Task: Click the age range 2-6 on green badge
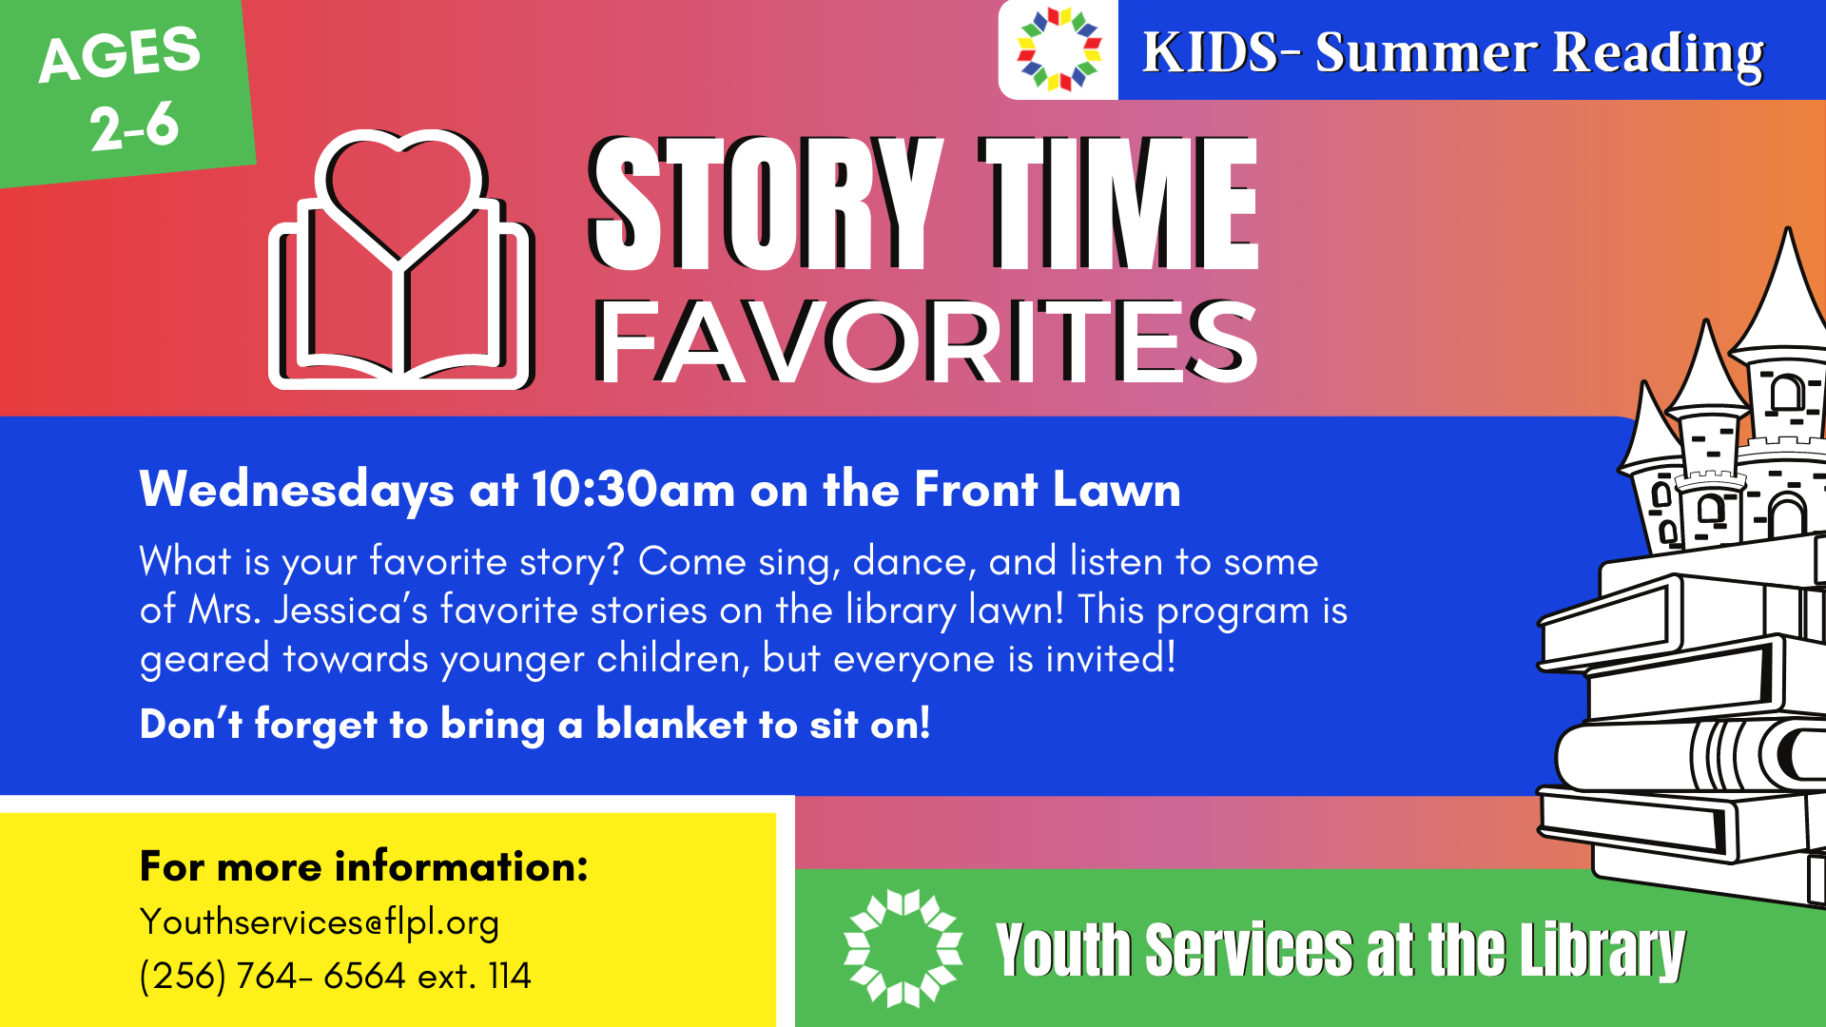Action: [135, 126]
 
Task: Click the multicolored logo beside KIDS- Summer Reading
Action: [1059, 49]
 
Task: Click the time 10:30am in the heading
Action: [633, 490]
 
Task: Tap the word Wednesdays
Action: [297, 490]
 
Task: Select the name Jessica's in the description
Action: [351, 610]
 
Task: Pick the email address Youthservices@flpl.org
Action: [320, 922]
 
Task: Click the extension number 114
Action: [510, 976]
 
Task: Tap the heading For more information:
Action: [364, 866]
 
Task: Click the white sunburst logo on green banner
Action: [903, 948]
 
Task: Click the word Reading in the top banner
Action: [1659, 52]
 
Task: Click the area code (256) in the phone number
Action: [183, 976]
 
